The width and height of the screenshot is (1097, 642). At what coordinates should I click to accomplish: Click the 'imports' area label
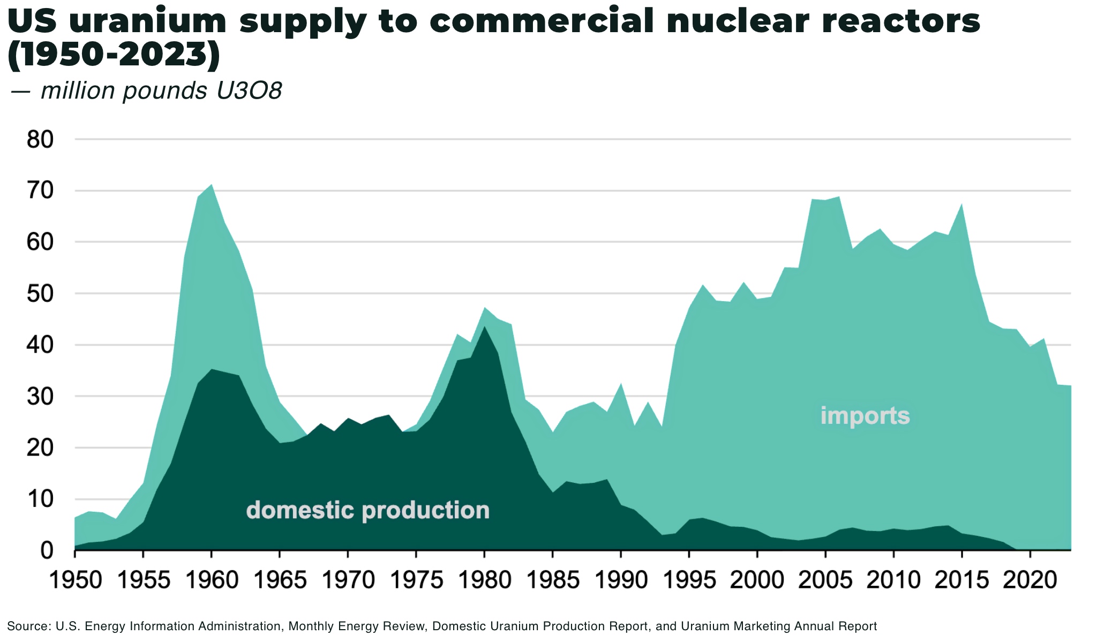[x=865, y=416]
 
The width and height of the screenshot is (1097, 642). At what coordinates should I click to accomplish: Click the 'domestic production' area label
[x=367, y=510]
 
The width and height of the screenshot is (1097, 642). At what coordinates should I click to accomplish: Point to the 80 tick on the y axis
[x=40, y=140]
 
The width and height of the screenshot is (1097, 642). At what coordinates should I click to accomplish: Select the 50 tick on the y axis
[x=40, y=294]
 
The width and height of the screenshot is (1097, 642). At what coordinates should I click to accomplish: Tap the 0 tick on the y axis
[x=47, y=550]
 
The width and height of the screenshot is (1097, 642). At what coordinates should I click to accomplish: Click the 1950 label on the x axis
[x=75, y=580]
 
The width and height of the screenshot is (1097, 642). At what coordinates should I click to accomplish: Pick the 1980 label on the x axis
[x=484, y=580]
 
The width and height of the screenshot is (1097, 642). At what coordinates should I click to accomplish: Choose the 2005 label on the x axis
[x=825, y=580]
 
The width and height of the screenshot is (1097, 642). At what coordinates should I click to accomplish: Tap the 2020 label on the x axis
[x=1030, y=580]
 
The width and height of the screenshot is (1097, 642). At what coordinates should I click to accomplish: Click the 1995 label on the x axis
[x=689, y=580]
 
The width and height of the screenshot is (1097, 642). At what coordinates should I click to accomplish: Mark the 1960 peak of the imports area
[x=211, y=185]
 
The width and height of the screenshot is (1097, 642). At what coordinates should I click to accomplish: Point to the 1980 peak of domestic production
[x=484, y=326]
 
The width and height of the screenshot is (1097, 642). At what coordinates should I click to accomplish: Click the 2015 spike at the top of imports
[x=962, y=205]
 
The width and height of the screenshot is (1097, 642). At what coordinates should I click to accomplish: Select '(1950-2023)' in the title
[x=114, y=55]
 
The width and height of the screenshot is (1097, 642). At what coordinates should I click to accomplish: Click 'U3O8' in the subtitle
[x=249, y=91]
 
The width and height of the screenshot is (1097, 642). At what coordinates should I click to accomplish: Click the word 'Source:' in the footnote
[x=29, y=626]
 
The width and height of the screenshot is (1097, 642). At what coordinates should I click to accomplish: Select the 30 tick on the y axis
[x=40, y=397]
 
